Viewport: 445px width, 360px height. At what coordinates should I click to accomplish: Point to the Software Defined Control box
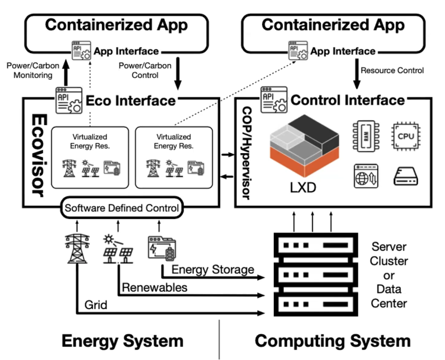tap(121, 208)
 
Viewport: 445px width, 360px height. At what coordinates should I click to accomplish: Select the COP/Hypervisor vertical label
tap(245, 153)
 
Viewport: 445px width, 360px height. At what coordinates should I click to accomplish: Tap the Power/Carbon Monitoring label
tap(29, 70)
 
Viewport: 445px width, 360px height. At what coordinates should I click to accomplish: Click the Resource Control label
tap(392, 70)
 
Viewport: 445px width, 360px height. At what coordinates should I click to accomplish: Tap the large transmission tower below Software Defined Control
tap(77, 248)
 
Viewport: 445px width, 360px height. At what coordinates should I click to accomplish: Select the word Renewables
tap(155, 287)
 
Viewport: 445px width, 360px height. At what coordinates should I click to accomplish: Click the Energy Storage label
tap(213, 270)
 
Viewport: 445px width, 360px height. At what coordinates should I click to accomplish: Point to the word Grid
tap(96, 305)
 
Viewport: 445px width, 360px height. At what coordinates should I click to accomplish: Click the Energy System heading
tap(122, 341)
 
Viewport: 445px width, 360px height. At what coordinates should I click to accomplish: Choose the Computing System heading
tap(332, 341)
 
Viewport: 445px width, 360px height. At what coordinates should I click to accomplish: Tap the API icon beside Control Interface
tap(272, 99)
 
